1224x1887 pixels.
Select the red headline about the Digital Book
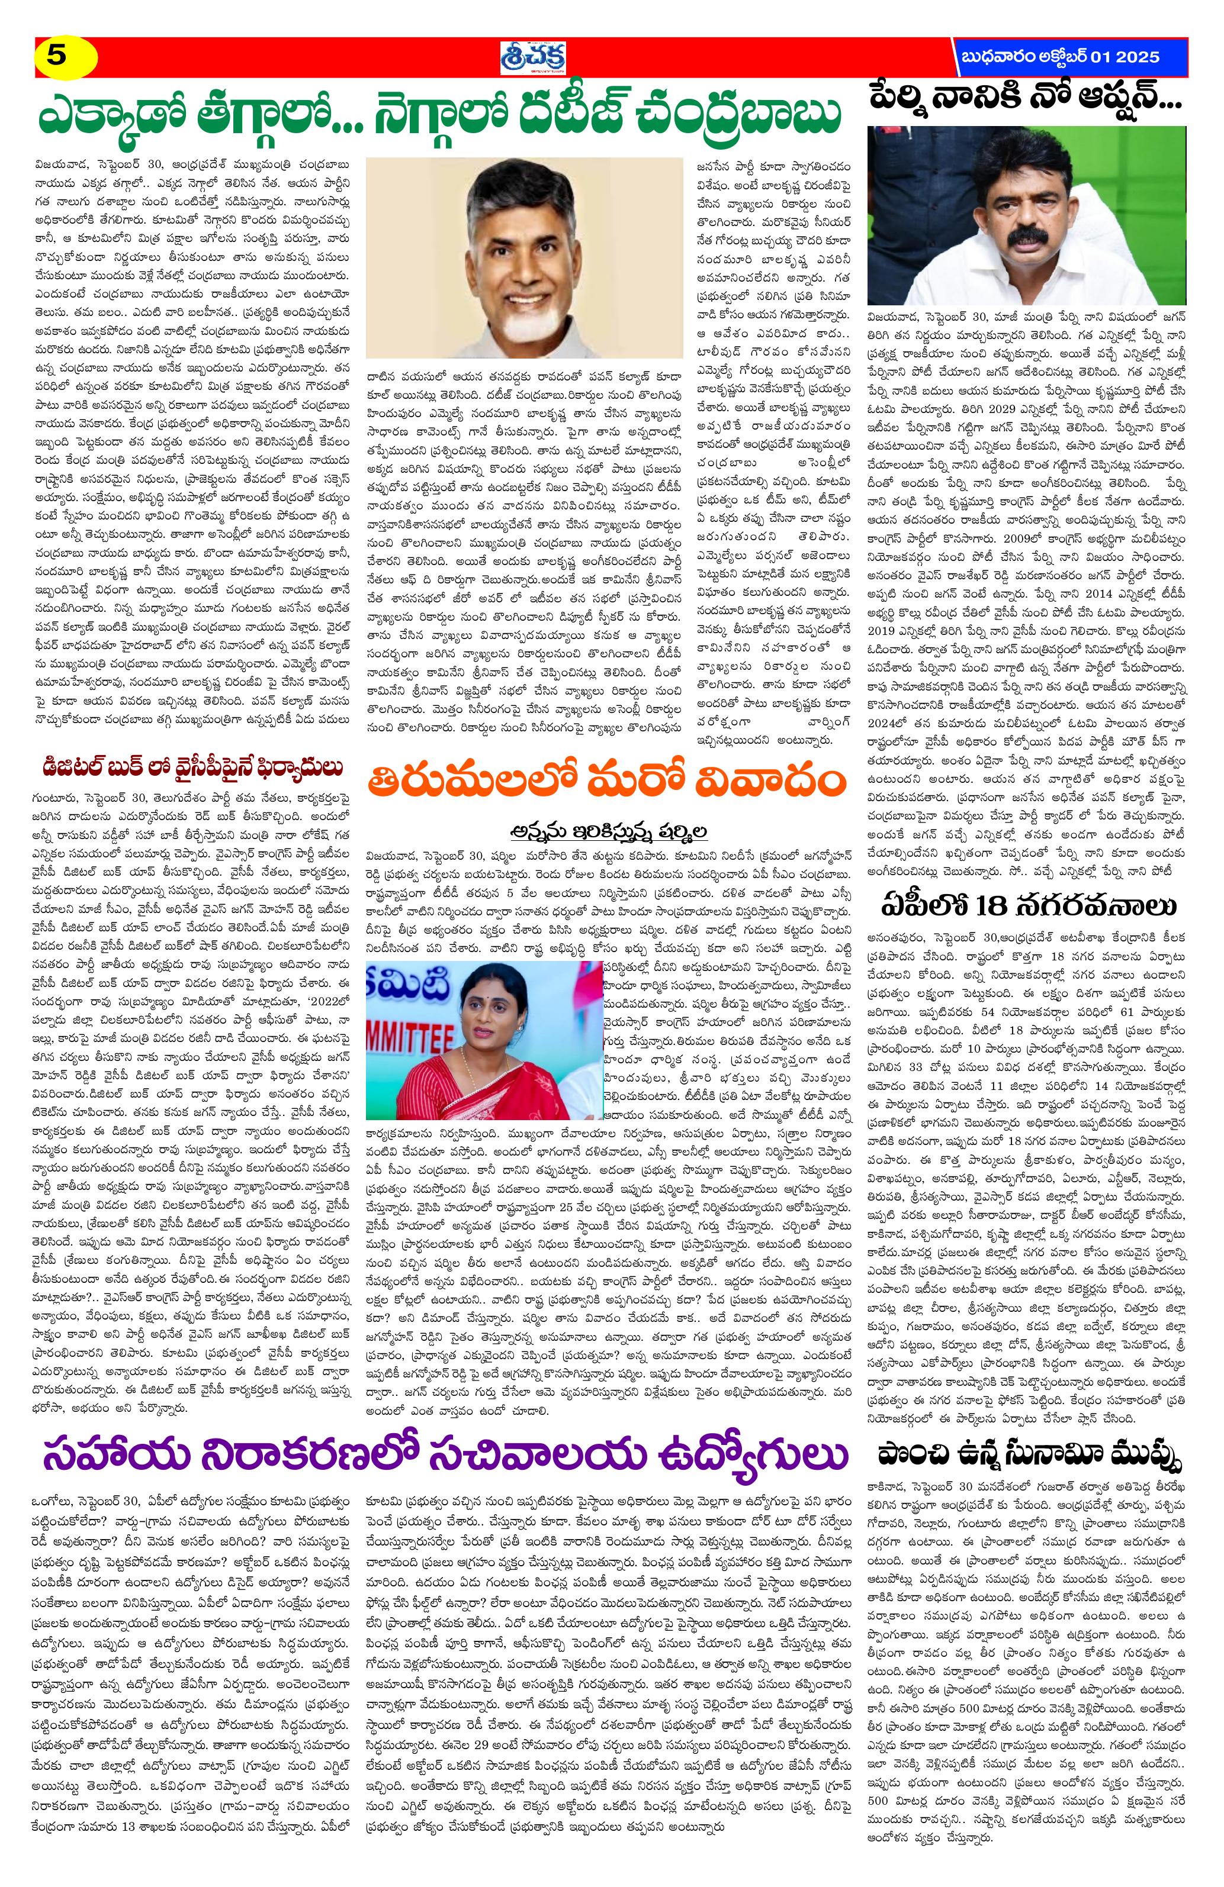point(194,767)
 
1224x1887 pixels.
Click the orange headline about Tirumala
point(608,784)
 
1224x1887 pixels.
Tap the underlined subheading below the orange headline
point(607,830)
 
